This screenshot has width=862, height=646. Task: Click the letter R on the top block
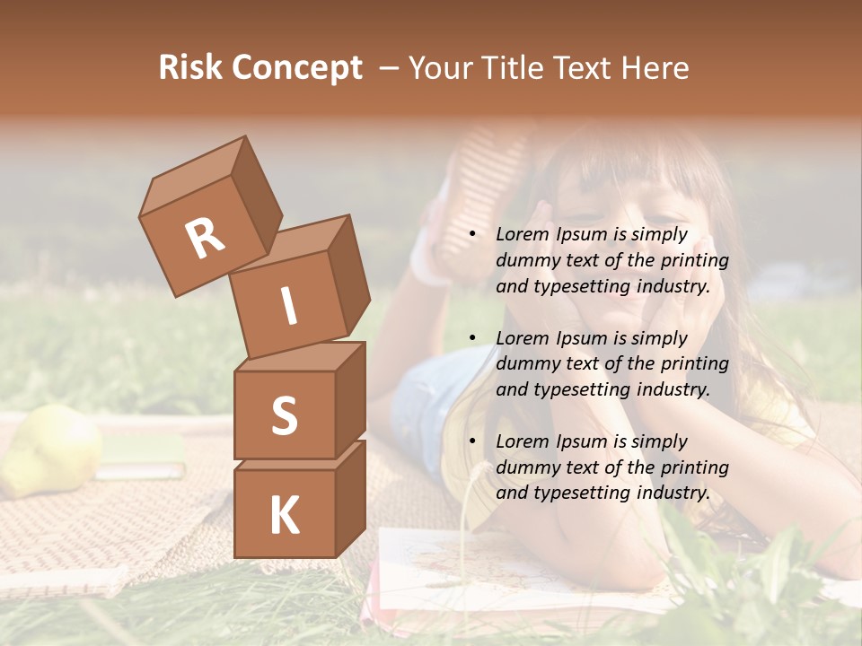click(205, 239)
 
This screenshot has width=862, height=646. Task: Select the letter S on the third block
click(284, 415)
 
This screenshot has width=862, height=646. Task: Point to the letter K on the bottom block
click(284, 516)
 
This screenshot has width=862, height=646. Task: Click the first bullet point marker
click(472, 235)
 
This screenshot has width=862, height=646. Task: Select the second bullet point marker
click(472, 338)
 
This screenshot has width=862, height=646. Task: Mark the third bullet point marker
click(472, 441)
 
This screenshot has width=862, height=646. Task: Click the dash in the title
click(388, 68)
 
